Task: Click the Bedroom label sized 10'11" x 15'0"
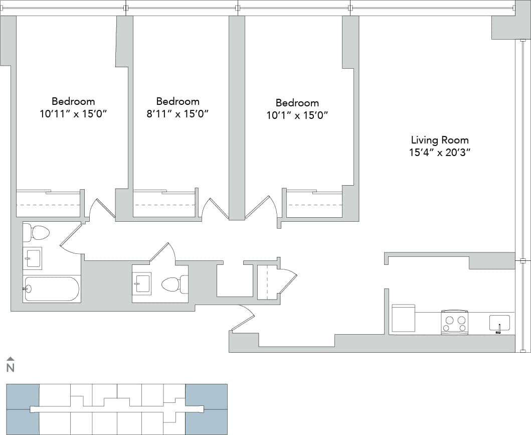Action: (73, 101)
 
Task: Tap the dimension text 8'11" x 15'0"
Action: (177, 114)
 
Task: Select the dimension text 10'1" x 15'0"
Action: (297, 115)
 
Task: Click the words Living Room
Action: (440, 140)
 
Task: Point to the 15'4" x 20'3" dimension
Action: (440, 153)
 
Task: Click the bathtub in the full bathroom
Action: (52, 289)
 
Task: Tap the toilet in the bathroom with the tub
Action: (37, 233)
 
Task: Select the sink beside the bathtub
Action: (32, 258)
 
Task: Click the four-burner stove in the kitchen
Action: (454, 322)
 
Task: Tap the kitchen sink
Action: (499, 323)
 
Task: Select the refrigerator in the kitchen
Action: (403, 318)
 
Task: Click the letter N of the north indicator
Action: (10, 368)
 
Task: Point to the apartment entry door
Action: (243, 319)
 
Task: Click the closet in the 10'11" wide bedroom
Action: (48, 204)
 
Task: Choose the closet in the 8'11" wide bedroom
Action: (164, 204)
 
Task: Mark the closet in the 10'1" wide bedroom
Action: (314, 205)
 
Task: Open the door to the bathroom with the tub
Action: (71, 238)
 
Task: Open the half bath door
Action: (162, 252)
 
